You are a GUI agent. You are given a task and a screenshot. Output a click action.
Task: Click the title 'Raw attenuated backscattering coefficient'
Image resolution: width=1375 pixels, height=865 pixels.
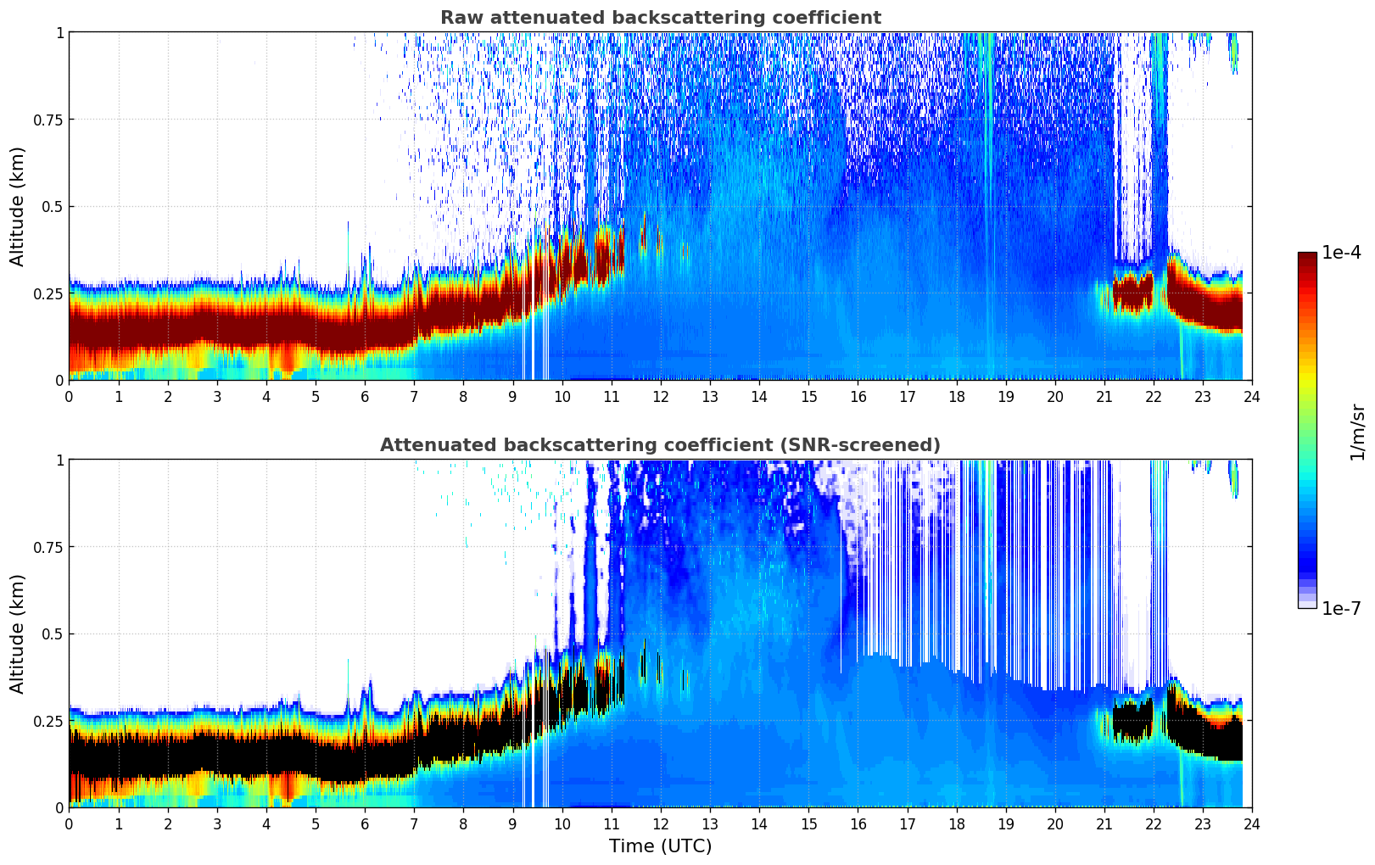(x=660, y=18)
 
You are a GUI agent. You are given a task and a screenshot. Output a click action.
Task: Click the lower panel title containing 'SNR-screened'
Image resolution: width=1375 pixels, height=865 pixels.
(x=660, y=445)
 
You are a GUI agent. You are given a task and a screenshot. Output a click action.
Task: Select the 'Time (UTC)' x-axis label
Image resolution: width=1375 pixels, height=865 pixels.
(x=660, y=846)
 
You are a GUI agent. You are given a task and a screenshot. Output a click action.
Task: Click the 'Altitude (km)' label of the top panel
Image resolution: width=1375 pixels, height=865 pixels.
(x=18, y=206)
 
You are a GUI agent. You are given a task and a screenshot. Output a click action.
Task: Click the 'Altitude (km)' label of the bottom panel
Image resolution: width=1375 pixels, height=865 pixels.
(x=18, y=633)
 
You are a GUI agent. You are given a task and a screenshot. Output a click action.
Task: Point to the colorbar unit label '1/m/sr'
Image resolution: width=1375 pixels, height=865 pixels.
(x=1357, y=432)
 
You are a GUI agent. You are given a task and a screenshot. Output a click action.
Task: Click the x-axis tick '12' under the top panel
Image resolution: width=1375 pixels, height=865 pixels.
(x=660, y=396)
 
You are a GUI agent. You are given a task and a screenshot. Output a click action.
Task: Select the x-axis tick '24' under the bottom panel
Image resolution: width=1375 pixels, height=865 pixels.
(x=1251, y=823)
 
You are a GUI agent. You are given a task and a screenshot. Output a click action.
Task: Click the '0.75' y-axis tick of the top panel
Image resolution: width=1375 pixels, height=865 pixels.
(x=48, y=120)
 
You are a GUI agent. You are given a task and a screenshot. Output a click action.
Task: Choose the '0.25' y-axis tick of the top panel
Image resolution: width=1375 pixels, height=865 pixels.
(x=48, y=293)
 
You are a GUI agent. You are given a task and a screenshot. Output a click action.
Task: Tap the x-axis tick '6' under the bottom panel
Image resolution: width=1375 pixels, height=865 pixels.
(x=365, y=823)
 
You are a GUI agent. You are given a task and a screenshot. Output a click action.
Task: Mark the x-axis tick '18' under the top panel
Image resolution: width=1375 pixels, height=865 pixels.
(x=956, y=396)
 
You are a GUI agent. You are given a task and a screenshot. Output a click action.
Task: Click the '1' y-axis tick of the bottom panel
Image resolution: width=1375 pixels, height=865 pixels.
(x=59, y=460)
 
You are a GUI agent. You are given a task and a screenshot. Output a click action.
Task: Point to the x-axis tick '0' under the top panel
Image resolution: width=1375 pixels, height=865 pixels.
(x=70, y=396)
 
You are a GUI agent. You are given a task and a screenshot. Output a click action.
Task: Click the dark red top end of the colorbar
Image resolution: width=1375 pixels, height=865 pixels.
(x=1306, y=256)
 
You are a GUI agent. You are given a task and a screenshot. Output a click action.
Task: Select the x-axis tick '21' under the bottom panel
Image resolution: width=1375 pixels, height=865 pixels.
(x=1104, y=823)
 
